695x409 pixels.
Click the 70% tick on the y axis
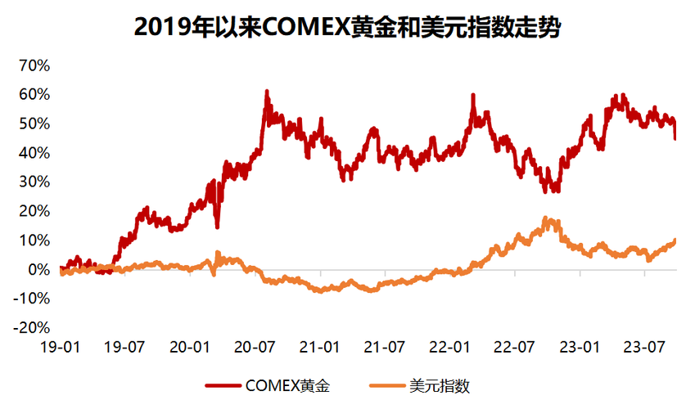pos(34,65)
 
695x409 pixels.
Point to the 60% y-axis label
pos(34,95)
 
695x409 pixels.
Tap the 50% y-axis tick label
pos(34,124)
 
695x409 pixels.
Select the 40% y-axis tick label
pos(34,153)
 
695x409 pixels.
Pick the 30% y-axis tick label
pos(34,182)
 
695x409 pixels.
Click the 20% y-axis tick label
pos(34,211)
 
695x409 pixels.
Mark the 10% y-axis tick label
pos(34,240)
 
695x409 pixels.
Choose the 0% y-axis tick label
pos(38,269)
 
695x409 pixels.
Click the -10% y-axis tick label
pos(32,299)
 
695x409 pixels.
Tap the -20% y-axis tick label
pos(32,327)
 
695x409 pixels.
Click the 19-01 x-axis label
pos(61,346)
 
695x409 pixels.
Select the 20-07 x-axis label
pos(255,346)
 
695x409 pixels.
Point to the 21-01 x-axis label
pos(319,346)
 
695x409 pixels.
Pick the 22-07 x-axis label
pos(514,346)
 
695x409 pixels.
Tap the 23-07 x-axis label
pos(643,346)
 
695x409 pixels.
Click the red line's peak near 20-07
pos(267,92)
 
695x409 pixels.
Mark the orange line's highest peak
pos(545,218)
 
